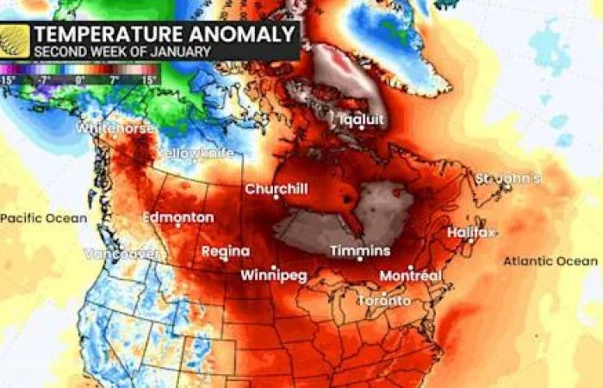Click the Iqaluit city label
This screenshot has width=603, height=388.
361,120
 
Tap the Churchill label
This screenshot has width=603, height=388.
276,189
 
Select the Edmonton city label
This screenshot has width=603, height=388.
177,217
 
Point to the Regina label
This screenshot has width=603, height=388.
226,252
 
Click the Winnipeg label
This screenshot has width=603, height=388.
275,277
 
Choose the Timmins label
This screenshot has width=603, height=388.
360,251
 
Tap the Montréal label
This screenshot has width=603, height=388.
411,276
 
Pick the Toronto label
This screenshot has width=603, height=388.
384,301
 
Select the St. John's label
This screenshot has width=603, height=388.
508,178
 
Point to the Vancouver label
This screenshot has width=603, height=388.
122,253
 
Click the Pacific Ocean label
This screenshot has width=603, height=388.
43,218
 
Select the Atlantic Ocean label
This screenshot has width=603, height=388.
550,260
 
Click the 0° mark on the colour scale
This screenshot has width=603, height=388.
79,79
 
